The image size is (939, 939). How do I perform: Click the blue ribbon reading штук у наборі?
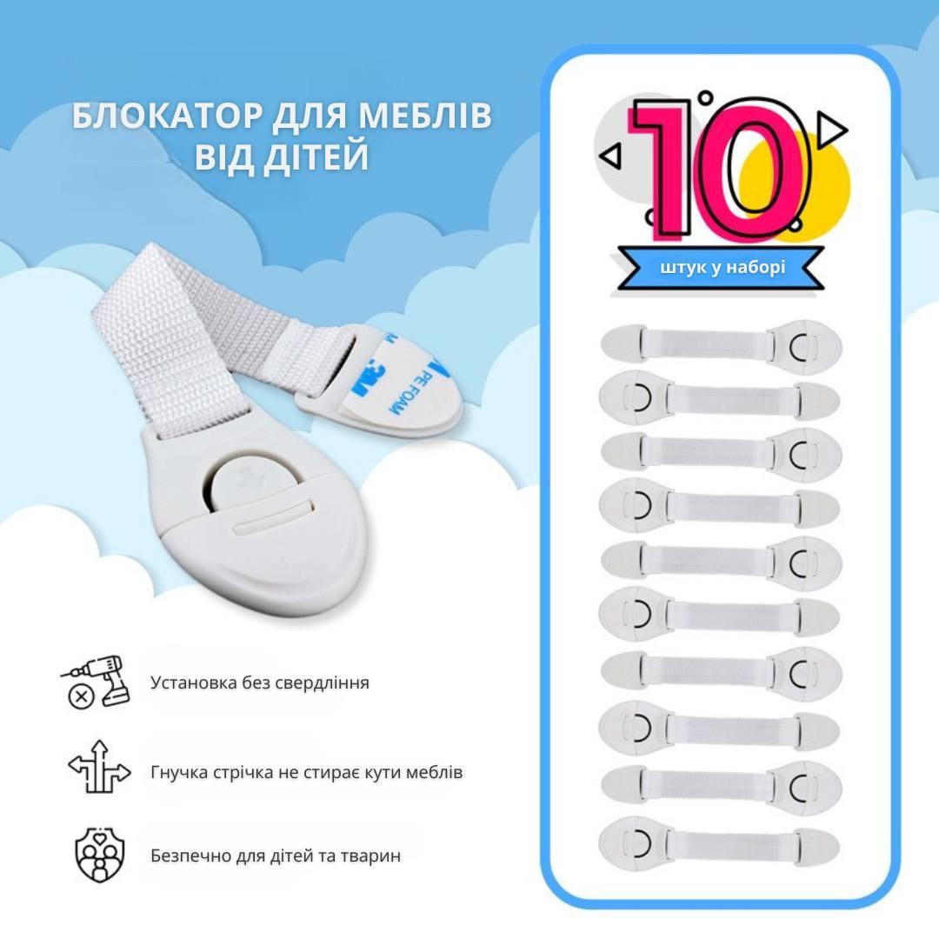coord(721,266)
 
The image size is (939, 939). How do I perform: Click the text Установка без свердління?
coord(259,683)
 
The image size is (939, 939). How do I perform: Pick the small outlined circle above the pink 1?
coord(705,98)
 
